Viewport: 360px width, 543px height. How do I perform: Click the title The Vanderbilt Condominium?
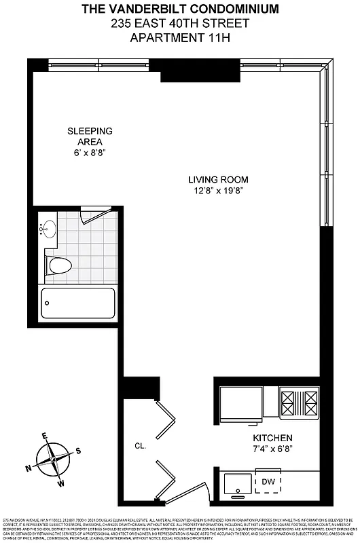[180, 10]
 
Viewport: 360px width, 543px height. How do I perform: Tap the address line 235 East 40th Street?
[180, 23]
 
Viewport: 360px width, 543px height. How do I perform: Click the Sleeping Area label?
[90, 136]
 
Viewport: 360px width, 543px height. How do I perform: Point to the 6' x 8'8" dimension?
[90, 153]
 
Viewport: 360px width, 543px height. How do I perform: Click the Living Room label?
[218, 180]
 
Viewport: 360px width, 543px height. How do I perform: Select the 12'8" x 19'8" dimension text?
[218, 191]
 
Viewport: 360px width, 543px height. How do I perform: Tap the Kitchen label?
[272, 438]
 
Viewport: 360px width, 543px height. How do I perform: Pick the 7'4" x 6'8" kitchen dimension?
[272, 449]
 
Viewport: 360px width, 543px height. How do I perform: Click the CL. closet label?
[141, 446]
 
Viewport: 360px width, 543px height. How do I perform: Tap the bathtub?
[78, 307]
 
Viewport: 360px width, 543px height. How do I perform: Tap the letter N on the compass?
[29, 468]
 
